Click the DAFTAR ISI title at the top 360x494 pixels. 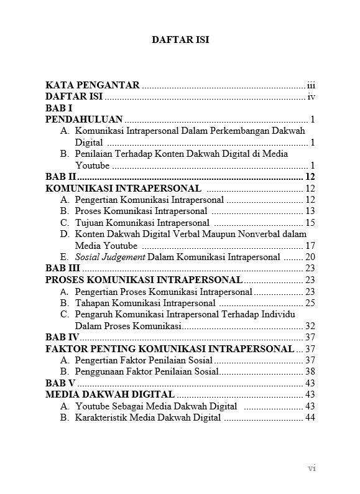coord(180,39)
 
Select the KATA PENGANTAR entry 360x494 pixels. coord(93,85)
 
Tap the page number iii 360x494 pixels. coord(312,85)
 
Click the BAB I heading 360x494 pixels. coord(60,108)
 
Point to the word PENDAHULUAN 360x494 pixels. coord(84,119)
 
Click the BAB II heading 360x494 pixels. coord(61,177)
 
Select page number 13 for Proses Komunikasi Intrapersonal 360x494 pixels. coord(310,212)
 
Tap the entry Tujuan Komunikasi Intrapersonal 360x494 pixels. coord(142,223)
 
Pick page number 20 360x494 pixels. coord(310,257)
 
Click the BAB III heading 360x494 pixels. coord(63,268)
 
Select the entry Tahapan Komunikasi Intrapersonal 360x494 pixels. coord(145,303)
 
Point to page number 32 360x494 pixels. coord(310,326)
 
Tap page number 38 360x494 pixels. coord(310,372)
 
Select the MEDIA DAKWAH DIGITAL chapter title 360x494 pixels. coord(110,395)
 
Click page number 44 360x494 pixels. coord(310,418)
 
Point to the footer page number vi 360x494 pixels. coord(312,468)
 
